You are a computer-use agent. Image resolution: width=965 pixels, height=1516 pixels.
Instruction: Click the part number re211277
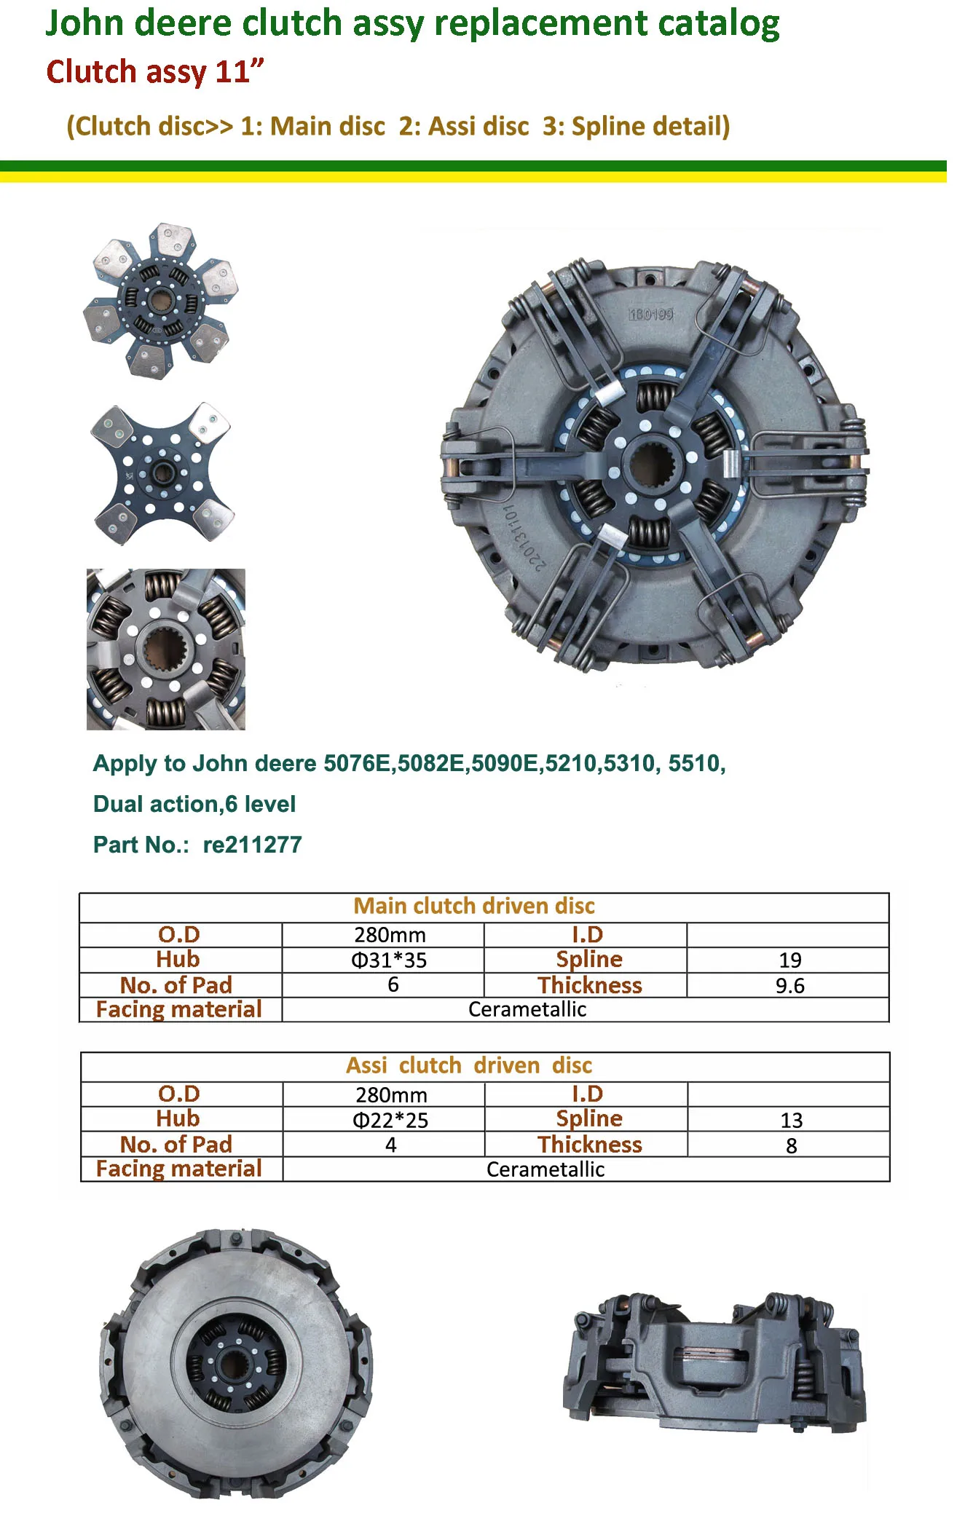tap(251, 845)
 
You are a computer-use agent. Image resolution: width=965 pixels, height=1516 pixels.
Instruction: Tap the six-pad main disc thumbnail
tap(161, 300)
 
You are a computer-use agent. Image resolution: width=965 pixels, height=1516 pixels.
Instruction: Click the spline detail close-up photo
tap(165, 649)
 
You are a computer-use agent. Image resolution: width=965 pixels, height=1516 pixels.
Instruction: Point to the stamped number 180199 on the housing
tap(650, 314)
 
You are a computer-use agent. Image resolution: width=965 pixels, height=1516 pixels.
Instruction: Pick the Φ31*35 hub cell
tap(389, 960)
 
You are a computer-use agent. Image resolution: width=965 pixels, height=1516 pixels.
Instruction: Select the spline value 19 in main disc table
tap(789, 960)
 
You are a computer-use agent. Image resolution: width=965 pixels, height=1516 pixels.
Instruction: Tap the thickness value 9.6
tap(789, 985)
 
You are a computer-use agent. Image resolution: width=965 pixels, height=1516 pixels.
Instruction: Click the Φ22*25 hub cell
tap(390, 1120)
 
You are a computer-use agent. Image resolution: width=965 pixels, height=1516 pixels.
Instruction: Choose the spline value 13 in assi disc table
tap(791, 1120)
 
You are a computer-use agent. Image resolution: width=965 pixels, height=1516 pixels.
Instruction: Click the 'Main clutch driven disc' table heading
tap(474, 906)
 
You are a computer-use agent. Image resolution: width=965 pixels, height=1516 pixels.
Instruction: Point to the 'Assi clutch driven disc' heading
tap(469, 1065)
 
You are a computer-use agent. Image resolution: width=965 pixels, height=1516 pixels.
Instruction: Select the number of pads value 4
tap(391, 1145)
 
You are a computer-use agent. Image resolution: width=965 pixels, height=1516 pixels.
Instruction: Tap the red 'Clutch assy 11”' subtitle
tap(154, 72)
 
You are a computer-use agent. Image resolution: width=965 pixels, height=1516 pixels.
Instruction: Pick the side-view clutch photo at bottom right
tap(714, 1362)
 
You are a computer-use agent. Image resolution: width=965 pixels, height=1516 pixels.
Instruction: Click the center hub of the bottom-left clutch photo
tap(235, 1362)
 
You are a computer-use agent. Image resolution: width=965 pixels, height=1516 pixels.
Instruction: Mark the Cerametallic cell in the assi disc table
tap(545, 1169)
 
